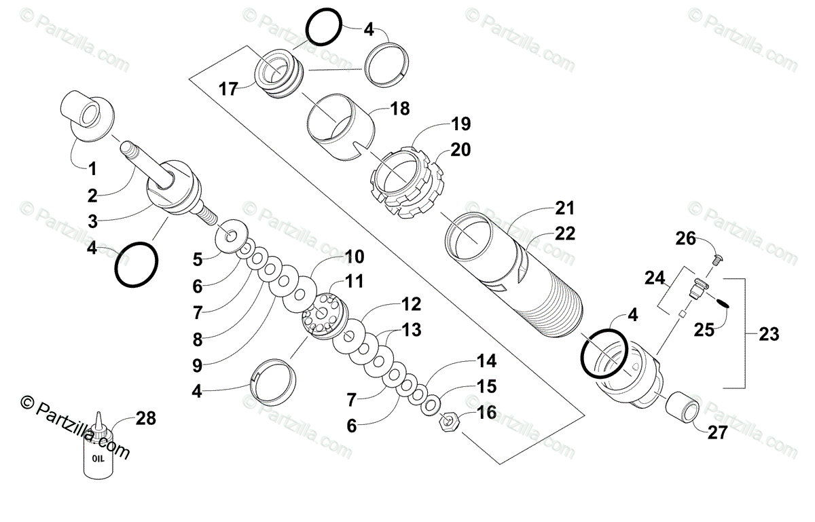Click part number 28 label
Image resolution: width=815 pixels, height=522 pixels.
[146, 419]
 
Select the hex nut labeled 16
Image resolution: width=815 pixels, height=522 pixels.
[450, 423]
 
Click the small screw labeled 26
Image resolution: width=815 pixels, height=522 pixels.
[717, 259]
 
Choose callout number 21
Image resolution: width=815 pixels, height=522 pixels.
[564, 208]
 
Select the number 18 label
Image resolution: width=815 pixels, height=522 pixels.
[400, 109]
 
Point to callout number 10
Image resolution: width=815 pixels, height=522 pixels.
[354, 258]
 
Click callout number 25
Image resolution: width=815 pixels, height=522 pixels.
[703, 330]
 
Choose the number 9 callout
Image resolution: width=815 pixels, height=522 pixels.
[197, 366]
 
